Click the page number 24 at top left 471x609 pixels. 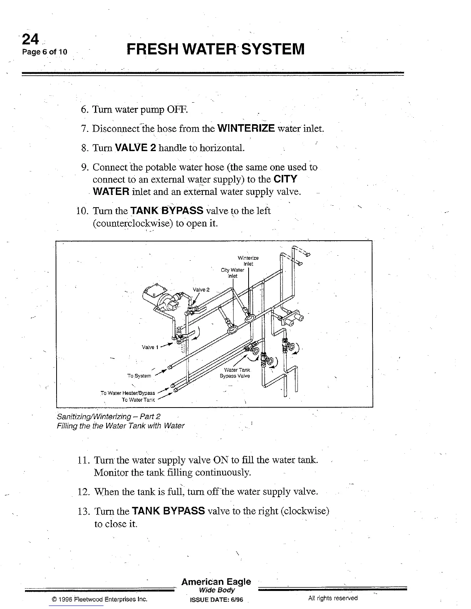tap(31, 39)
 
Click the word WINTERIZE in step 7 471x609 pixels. tap(246, 128)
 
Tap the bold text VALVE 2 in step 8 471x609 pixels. tap(135, 148)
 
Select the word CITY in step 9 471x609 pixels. tap(285, 179)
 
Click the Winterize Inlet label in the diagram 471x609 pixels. tap(248, 261)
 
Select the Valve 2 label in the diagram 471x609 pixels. tap(201, 290)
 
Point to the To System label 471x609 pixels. tap(139, 376)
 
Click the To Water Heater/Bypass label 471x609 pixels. tap(128, 393)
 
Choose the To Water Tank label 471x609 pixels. tap(138, 400)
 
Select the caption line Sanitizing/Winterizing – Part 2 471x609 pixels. tap(109, 416)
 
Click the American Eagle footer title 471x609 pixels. tap(216, 582)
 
